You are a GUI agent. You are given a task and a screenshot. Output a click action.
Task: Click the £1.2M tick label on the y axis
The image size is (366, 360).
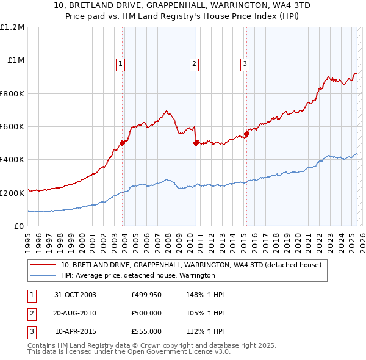click(x=12, y=27)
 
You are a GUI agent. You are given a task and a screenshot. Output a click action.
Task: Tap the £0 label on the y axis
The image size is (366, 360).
click(x=19, y=226)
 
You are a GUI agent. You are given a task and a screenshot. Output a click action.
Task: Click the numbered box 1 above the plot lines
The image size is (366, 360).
click(x=121, y=63)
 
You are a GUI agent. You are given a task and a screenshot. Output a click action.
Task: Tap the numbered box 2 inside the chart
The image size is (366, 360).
click(x=194, y=63)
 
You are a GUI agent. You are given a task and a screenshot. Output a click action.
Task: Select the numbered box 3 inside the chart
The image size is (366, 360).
click(x=245, y=63)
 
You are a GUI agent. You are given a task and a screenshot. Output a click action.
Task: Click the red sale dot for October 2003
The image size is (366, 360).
click(x=123, y=143)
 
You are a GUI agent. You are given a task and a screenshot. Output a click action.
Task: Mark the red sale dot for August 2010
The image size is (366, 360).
click(x=196, y=143)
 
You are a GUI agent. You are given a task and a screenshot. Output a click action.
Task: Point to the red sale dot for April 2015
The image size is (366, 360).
click(x=246, y=134)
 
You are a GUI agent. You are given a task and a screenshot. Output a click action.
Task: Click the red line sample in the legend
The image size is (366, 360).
click(x=43, y=265)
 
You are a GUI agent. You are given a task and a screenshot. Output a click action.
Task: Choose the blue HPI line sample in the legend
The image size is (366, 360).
click(x=43, y=276)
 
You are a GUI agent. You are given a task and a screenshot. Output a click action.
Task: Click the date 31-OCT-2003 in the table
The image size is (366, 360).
click(x=75, y=295)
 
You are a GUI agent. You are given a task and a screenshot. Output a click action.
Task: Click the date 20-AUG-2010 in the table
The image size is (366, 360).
click(x=75, y=313)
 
